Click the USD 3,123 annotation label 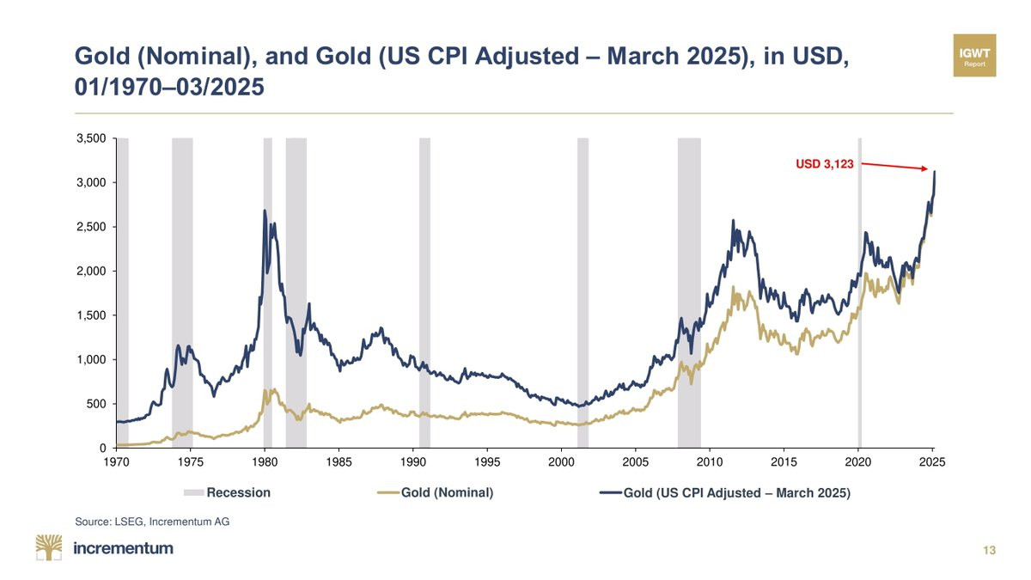tap(825, 164)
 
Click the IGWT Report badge tap(974, 56)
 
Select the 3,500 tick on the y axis tap(90, 138)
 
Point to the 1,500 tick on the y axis tap(90, 315)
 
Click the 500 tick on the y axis tap(95, 404)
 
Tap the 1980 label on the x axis tap(264, 462)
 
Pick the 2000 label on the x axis tap(561, 462)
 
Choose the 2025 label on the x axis tap(932, 462)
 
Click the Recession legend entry tap(228, 493)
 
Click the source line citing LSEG tap(152, 522)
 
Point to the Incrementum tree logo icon tap(49, 547)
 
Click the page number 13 tap(990, 551)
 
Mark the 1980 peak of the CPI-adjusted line tap(265, 211)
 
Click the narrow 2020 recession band tap(859, 292)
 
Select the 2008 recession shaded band tap(689, 292)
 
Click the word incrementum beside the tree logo tap(124, 548)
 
